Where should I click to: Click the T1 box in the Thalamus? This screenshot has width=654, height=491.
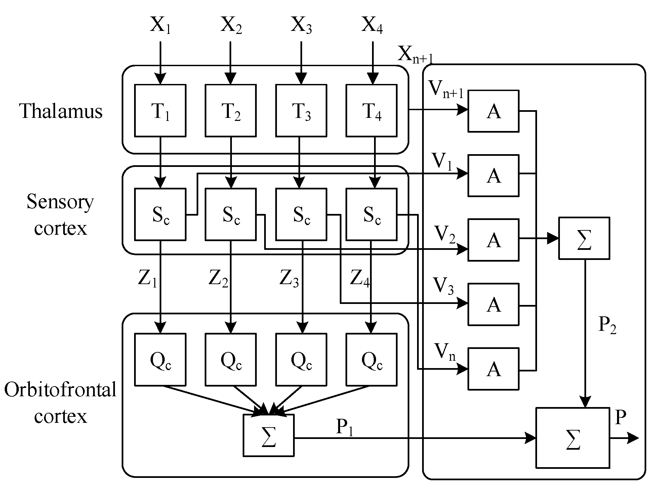pos(160,110)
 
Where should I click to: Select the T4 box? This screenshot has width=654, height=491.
pos(372,110)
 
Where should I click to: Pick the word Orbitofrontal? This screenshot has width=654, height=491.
pos(60,390)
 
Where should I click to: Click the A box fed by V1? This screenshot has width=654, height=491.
pos(493,175)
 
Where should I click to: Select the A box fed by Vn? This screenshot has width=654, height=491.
pos(493,369)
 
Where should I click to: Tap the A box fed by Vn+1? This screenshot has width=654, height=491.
pos(493,111)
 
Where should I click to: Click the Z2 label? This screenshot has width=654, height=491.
pos(218,278)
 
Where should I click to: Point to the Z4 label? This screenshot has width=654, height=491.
pos(360,278)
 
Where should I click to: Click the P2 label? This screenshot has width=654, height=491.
pos(608,325)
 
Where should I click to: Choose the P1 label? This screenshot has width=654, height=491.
pos(345,428)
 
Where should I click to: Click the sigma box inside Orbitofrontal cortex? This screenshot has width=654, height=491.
pos(269,435)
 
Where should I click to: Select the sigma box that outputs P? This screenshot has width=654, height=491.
pos(573,438)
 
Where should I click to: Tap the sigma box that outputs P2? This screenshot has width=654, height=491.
pos(584,238)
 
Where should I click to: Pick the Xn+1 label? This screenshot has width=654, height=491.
pos(416,54)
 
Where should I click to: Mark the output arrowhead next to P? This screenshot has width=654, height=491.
pos(632,438)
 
